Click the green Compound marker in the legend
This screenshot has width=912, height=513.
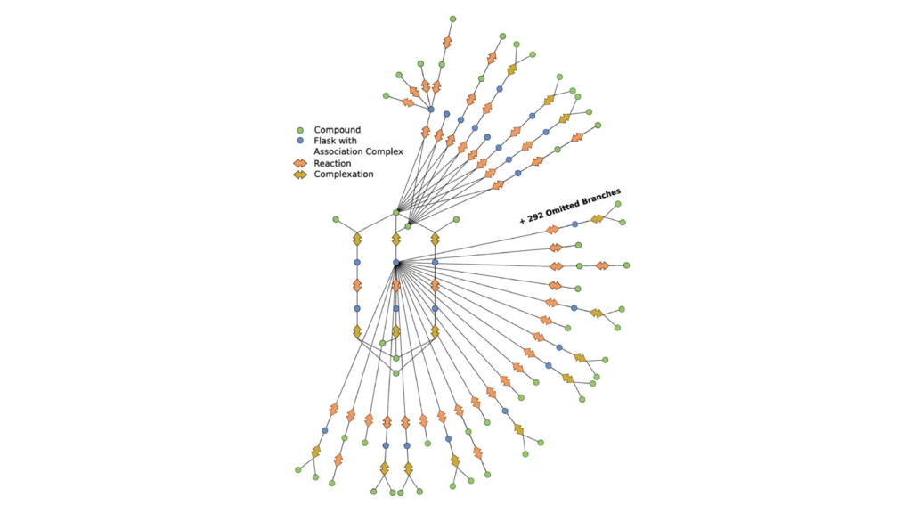click(x=300, y=130)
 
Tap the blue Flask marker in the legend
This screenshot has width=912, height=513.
click(x=300, y=141)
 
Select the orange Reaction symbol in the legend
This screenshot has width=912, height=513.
click(x=300, y=163)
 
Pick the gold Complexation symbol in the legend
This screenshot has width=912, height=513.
click(x=300, y=174)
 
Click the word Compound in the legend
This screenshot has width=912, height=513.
click(x=338, y=130)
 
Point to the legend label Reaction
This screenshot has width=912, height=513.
click(x=332, y=163)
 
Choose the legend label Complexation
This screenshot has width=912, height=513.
click(x=344, y=174)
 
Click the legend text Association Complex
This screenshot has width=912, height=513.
click(x=358, y=151)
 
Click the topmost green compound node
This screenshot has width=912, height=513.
click(x=452, y=19)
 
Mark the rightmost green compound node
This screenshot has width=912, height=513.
click(x=626, y=265)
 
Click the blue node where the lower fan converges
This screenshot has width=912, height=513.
click(x=396, y=263)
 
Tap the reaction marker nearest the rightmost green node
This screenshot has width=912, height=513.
click(x=602, y=265)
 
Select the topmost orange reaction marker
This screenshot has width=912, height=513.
click(x=447, y=42)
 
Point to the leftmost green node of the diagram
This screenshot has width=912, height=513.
click(x=298, y=469)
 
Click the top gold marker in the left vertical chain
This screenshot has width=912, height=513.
click(x=357, y=240)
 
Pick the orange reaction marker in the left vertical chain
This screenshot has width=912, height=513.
click(x=357, y=286)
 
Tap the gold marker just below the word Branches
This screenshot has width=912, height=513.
click(x=597, y=218)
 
